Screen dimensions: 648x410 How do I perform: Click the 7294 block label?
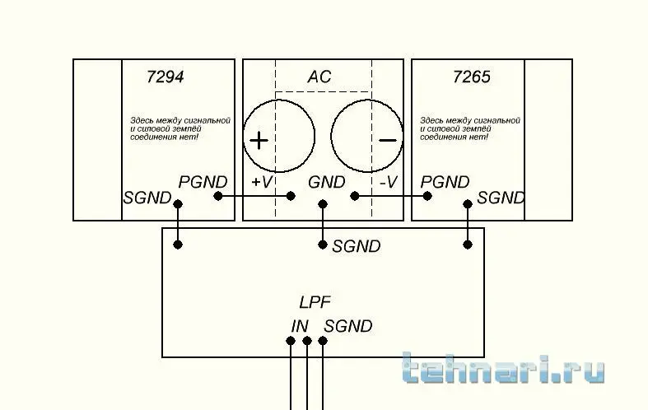(x=165, y=77)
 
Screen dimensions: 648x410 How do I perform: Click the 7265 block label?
(x=472, y=77)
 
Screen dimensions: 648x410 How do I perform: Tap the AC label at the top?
(x=319, y=77)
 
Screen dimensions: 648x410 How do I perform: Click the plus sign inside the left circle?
(x=259, y=141)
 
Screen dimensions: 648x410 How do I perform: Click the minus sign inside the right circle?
(x=388, y=141)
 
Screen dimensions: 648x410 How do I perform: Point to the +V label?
(x=262, y=182)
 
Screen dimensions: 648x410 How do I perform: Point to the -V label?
(x=389, y=182)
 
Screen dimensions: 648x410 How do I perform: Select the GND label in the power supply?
(x=327, y=182)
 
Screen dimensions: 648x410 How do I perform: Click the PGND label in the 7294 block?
(x=203, y=182)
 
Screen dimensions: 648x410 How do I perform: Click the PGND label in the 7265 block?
(x=445, y=182)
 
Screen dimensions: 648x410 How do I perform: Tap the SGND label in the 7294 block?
(x=147, y=198)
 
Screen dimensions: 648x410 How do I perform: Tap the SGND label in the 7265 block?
(x=501, y=198)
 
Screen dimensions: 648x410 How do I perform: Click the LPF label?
(x=315, y=302)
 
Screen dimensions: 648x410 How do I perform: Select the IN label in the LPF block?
(x=300, y=327)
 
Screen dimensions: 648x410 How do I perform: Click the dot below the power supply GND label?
(x=323, y=203)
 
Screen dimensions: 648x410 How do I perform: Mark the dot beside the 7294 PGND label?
(x=218, y=196)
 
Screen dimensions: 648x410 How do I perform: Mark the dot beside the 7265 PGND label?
(x=427, y=196)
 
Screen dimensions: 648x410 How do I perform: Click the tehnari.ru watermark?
(x=503, y=367)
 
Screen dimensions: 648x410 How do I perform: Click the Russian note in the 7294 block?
(x=180, y=128)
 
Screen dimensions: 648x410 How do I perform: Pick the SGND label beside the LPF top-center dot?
(x=357, y=246)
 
